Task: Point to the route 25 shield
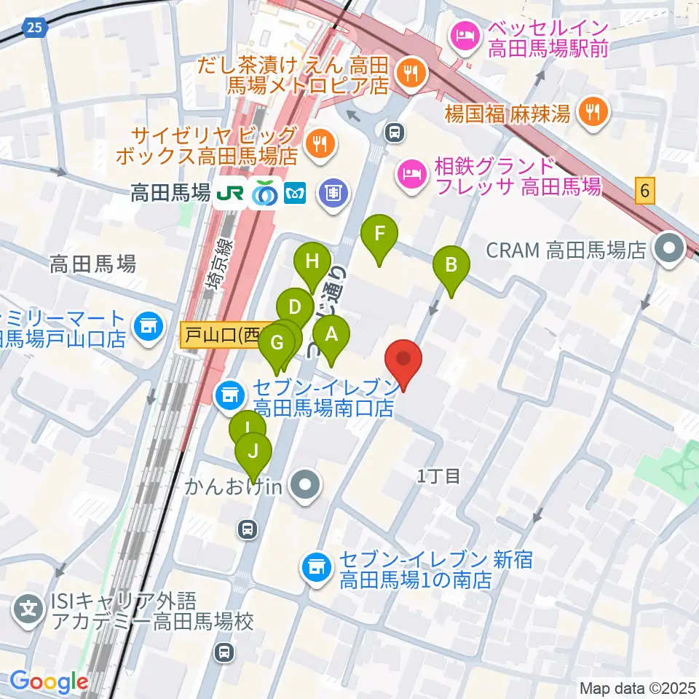tap(33, 28)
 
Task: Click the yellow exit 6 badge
tap(644, 191)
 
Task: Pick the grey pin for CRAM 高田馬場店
tap(668, 250)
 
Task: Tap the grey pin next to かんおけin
tap(305, 486)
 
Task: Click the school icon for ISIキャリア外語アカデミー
tap(28, 606)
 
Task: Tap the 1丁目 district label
tap(439, 477)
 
